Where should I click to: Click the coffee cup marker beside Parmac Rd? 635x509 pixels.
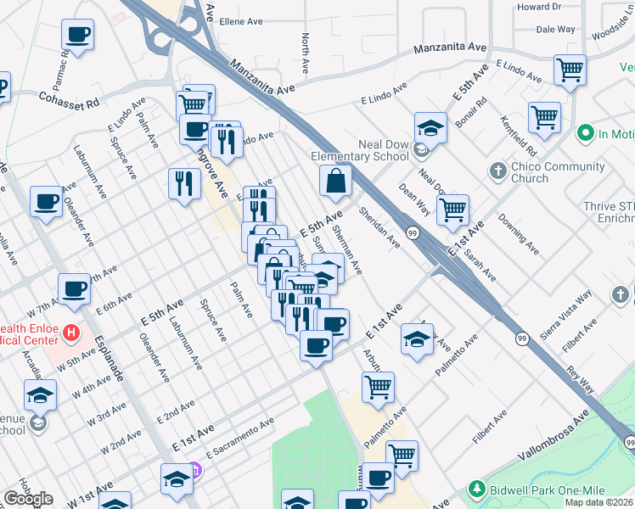coord(77,36)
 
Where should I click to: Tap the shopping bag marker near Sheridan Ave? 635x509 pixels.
coord(336,181)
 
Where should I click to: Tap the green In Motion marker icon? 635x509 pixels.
coord(585,134)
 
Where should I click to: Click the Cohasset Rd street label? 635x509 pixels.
coord(69,98)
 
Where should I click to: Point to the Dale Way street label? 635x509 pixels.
coord(557,29)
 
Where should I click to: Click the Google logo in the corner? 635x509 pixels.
coord(28,499)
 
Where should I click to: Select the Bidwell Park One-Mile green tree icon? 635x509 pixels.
coord(478,490)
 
